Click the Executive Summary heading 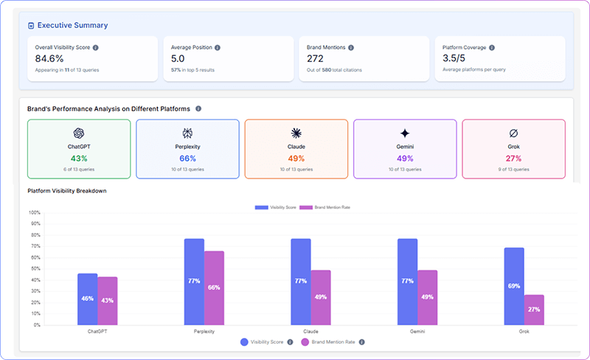coord(72,25)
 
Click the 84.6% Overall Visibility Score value coord(50,59)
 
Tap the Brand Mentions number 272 coord(316,59)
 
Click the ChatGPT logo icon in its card coord(79,133)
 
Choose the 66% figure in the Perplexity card coord(187,159)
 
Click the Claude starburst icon coord(296,133)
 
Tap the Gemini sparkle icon coord(404,133)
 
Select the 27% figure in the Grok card coord(513,159)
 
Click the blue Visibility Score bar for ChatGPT coord(87,299)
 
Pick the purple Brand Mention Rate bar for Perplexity coord(215,288)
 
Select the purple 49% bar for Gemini coord(428,297)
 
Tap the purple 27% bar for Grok coord(534,310)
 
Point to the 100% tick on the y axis coord(35,212)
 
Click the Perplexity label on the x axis coord(204,332)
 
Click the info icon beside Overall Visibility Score coord(96,47)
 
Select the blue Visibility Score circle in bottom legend coord(244,342)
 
